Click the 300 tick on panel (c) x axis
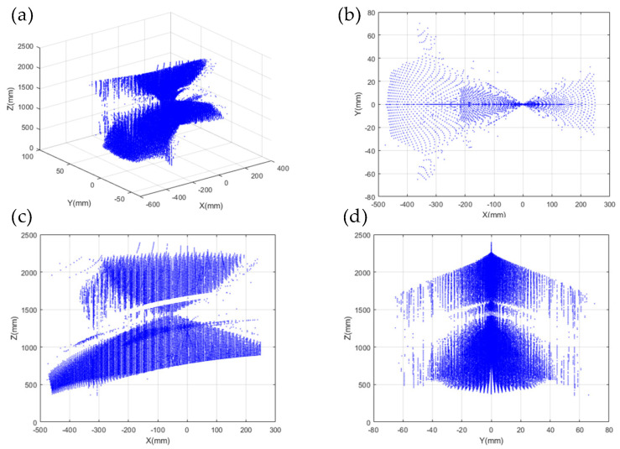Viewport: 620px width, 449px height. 300,430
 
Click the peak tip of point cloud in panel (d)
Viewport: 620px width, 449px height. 492,243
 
